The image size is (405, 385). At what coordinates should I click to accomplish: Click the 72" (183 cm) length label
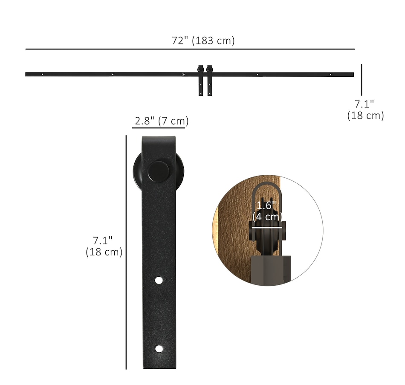pos(203,41)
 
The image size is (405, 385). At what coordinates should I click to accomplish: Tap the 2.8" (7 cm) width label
pos(161,121)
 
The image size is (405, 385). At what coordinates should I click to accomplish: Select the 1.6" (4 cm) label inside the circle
pos(267,211)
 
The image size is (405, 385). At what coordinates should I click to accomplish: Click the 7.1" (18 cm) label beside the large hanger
pos(104,246)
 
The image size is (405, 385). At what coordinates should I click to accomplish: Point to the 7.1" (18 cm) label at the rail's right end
pos(365,110)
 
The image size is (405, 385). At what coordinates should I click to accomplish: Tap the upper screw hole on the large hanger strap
pos(159,281)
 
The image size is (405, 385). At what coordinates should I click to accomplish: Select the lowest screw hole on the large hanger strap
pos(159,349)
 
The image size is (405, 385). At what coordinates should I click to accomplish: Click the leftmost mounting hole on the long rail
pos(42,74)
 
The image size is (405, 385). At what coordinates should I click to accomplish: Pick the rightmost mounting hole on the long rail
pos(330,75)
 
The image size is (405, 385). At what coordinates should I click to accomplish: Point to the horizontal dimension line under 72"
pos(190,49)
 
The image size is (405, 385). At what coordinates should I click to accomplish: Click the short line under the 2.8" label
pos(159,127)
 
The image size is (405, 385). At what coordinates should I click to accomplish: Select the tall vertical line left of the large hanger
pos(126,252)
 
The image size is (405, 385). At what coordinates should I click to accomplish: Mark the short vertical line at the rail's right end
pos(362,80)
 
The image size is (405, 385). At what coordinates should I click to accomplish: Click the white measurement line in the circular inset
pos(266,227)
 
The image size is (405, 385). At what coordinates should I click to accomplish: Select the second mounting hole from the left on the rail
pos(113,74)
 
